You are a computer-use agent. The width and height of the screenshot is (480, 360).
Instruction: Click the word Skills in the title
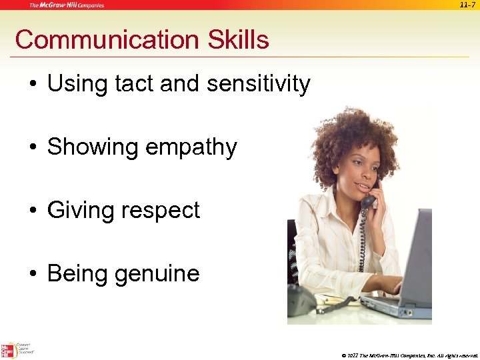coord(238,40)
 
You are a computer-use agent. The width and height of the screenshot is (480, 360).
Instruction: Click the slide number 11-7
coord(467,5)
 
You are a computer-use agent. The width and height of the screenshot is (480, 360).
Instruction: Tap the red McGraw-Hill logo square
coord(8,351)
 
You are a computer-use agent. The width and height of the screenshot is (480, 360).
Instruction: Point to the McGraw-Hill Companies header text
coord(66,5)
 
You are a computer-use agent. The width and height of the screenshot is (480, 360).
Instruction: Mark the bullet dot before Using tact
coord(33,85)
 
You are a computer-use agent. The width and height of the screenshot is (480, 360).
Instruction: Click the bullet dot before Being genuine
coord(33,275)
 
